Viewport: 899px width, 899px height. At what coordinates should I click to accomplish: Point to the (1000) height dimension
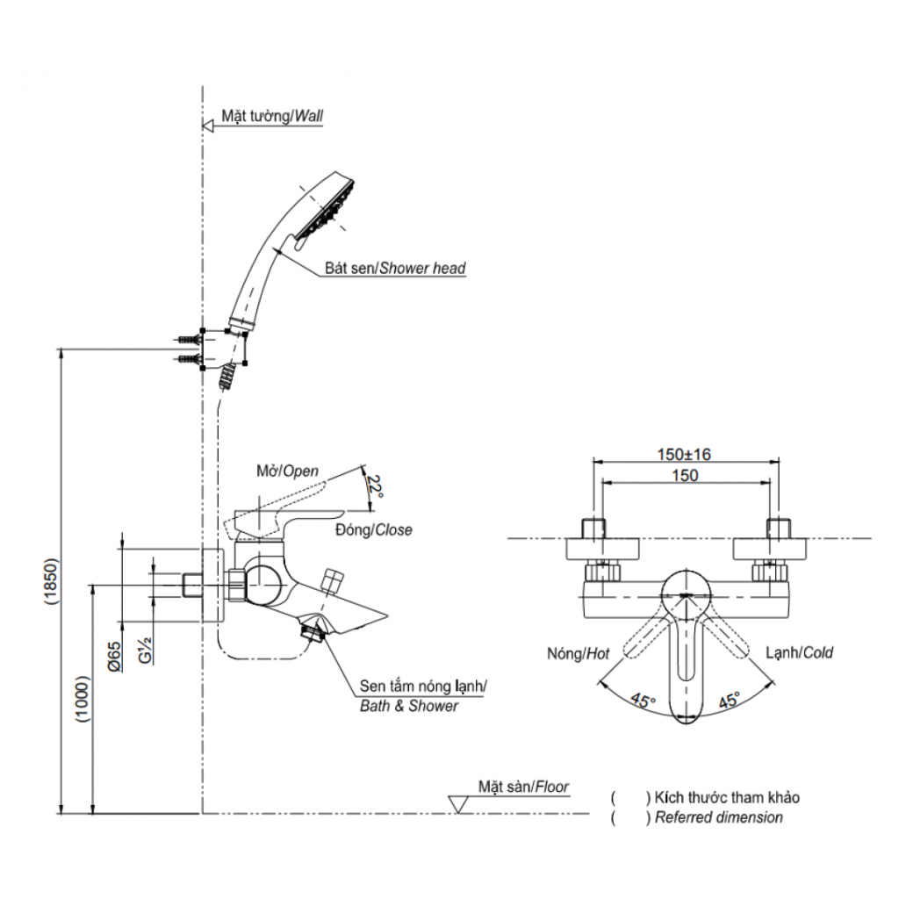click(x=83, y=699)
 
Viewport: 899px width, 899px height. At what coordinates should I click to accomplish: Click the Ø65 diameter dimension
click(x=114, y=658)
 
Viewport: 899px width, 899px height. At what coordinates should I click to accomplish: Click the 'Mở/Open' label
click(x=288, y=471)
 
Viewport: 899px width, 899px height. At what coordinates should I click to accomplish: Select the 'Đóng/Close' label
click(x=373, y=530)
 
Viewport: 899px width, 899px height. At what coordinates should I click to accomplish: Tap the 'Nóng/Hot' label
click(x=578, y=652)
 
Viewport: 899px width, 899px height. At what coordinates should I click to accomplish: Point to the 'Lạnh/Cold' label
click(x=799, y=652)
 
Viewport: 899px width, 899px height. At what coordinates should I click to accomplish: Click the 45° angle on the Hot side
click(x=643, y=701)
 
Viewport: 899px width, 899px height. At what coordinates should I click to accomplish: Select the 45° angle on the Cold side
click(x=729, y=701)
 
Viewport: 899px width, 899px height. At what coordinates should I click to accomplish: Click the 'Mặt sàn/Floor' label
click(x=523, y=786)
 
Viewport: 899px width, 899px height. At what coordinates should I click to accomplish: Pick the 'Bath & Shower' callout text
click(x=409, y=706)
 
